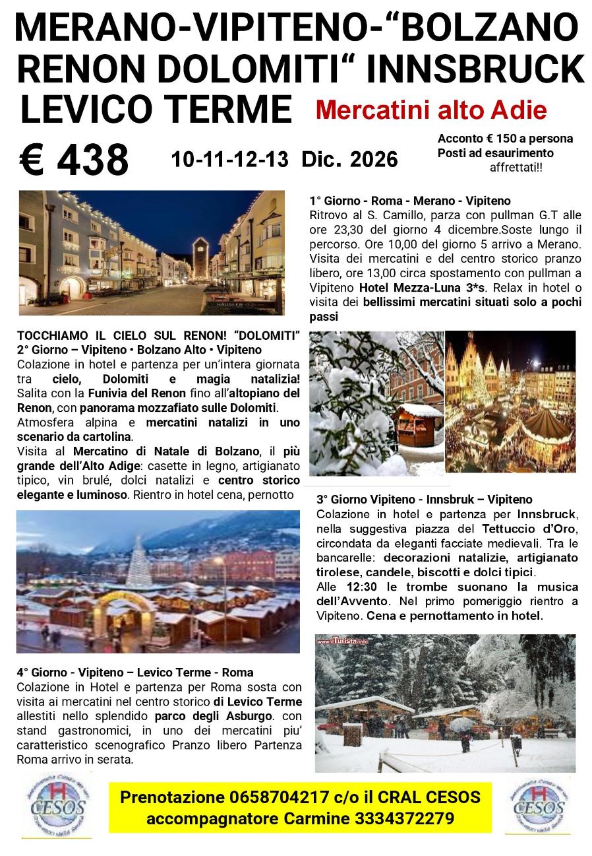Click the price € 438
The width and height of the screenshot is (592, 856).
pos(74,160)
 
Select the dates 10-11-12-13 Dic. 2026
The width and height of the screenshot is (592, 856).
pos(284,159)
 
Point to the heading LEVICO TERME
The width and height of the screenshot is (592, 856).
pos(156,110)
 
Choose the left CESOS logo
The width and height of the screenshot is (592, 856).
pos(56,807)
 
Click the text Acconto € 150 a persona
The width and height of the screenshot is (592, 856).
pos(505,139)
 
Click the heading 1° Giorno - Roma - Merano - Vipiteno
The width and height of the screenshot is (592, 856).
pos(409,201)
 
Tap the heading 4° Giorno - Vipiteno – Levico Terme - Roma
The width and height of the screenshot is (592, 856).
pos(135,673)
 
